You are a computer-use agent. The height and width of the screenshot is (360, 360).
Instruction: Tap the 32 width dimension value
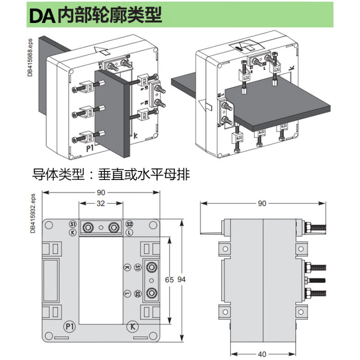(x=100, y=203)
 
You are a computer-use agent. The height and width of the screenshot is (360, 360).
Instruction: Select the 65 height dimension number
(x=169, y=279)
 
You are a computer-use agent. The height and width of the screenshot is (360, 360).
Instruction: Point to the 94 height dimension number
(x=181, y=279)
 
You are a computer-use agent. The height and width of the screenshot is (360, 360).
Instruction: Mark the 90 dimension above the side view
(x=262, y=203)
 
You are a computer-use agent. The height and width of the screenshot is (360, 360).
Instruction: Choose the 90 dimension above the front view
(x=101, y=193)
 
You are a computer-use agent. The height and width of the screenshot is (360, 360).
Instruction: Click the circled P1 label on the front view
(x=69, y=325)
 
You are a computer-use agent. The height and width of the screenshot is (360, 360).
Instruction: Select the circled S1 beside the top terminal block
(x=73, y=224)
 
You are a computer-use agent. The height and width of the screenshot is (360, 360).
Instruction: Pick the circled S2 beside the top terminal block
(x=129, y=224)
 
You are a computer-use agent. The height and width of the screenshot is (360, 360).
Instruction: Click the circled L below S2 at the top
(x=129, y=232)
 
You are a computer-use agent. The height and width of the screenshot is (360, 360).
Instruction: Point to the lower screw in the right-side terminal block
(x=151, y=293)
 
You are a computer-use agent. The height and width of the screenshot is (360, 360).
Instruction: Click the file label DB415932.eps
(x=32, y=213)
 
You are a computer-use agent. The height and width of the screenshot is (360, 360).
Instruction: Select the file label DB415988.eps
(x=30, y=57)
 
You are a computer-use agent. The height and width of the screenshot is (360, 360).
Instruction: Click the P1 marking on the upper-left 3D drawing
(x=77, y=148)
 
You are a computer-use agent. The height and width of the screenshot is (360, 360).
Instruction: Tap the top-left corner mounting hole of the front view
(x=48, y=224)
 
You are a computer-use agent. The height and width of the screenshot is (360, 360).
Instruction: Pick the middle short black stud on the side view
(x=315, y=280)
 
